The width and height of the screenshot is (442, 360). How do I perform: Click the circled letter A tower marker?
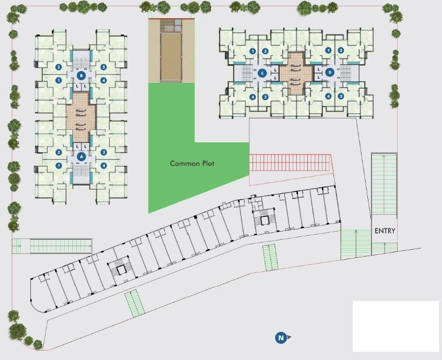81,156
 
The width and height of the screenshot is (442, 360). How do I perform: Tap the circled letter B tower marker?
81,76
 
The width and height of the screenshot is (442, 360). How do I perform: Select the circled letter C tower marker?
263,73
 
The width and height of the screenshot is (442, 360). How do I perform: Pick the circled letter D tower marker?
330,73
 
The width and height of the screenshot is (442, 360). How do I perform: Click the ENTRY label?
385,231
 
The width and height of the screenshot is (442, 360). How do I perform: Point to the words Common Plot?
192,163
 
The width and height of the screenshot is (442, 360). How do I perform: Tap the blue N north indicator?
281,337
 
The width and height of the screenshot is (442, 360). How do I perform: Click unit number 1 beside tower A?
59,166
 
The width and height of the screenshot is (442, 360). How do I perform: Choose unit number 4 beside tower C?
252,97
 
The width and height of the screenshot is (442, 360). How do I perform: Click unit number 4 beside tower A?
103,166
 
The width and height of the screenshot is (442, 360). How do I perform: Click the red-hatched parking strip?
290,163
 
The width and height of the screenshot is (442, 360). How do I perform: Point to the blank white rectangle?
395,326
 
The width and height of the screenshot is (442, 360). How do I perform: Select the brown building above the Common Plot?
170,50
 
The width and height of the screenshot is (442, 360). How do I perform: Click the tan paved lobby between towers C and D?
296,73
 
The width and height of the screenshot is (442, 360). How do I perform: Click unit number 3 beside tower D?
341,97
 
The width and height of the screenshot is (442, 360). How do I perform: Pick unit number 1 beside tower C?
252,51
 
